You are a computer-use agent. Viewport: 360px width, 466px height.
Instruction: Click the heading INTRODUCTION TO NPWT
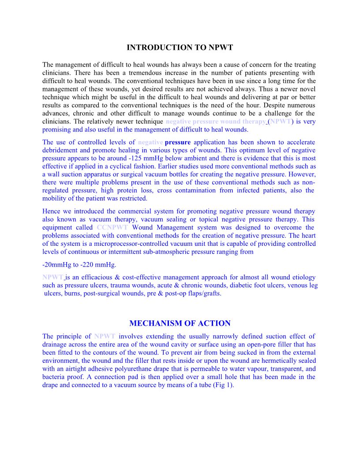tap(180, 47)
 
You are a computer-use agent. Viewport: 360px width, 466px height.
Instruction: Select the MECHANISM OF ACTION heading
tap(180, 323)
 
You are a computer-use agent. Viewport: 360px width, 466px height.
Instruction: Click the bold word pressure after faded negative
tap(178, 143)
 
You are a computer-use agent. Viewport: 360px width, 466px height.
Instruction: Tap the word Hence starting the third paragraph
tap(51, 211)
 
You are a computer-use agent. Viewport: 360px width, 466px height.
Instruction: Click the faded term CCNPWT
tap(112, 228)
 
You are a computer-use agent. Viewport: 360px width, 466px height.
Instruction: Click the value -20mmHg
tap(59, 265)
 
